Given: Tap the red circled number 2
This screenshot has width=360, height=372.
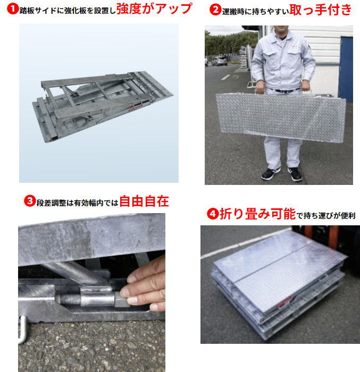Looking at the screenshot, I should (215, 10).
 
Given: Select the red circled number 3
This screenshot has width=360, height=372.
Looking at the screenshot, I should (30, 201).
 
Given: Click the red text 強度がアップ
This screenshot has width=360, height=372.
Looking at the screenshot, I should (154, 9).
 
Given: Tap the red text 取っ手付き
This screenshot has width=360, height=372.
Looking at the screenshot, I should (320, 10).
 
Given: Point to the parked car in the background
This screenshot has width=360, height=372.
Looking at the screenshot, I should (219, 61).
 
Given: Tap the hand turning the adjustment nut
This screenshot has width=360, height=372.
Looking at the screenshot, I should (146, 287).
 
